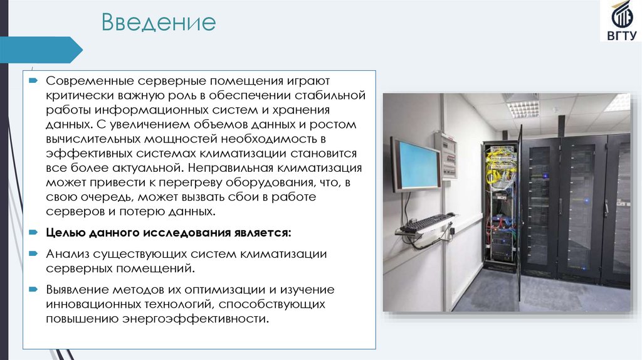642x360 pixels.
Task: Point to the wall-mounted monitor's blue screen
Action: click(415, 166)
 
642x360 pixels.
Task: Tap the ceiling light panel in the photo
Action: click(523, 107)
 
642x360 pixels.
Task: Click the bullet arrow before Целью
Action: click(33, 232)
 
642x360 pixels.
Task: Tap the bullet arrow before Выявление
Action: click(33, 290)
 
